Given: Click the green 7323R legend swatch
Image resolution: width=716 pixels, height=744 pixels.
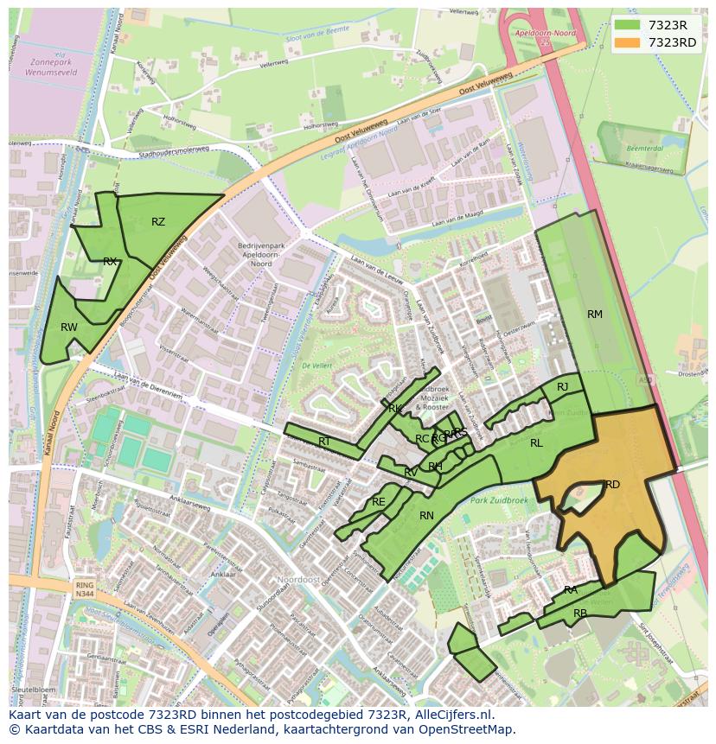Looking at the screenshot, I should pyautogui.click(x=627, y=25).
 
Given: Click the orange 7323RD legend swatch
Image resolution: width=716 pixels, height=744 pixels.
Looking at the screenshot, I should pyautogui.click(x=627, y=43).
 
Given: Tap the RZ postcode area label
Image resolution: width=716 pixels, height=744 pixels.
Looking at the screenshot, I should pyautogui.click(x=158, y=222).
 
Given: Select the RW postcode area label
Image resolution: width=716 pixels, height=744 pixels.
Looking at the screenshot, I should pyautogui.click(x=69, y=327).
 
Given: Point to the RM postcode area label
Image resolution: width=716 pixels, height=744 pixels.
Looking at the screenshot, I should pyautogui.click(x=595, y=315).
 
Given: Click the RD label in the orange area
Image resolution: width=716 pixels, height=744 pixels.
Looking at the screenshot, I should pyautogui.click(x=612, y=485).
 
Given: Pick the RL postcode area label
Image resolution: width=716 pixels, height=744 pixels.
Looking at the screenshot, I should pyautogui.click(x=536, y=443).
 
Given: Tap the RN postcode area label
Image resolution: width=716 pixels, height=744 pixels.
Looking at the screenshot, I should pyautogui.click(x=426, y=516).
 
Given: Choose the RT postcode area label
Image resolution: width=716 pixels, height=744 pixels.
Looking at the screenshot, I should pyautogui.click(x=324, y=442).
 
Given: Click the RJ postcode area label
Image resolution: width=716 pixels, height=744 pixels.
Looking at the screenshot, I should pyautogui.click(x=563, y=387).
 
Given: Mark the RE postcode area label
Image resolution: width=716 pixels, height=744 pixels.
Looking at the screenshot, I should pyautogui.click(x=378, y=502).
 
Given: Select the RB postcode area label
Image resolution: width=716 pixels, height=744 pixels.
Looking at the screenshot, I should pyautogui.click(x=580, y=614).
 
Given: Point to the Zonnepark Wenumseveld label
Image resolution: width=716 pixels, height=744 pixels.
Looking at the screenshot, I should pyautogui.click(x=53, y=68).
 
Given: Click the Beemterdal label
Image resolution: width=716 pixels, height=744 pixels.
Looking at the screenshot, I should pyautogui.click(x=638, y=149).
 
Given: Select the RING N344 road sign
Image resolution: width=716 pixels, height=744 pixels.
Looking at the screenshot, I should pyautogui.click(x=84, y=589).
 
